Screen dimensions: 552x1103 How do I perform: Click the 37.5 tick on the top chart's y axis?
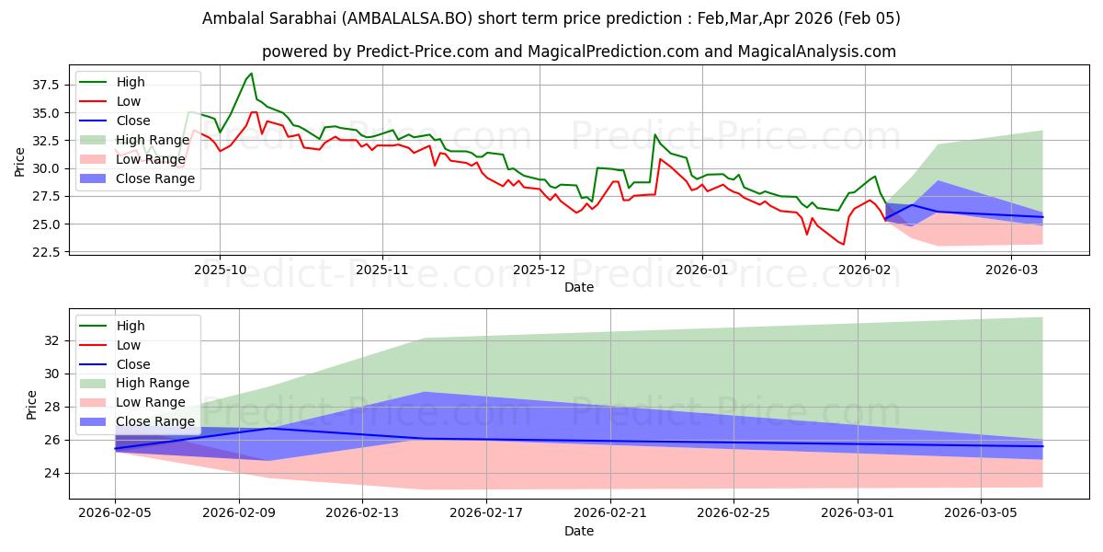coord(45,85)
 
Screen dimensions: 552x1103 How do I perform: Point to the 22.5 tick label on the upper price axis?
coord(45,252)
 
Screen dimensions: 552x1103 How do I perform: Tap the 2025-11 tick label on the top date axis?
coord(381,270)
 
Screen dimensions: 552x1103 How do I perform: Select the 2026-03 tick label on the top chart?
coord(1011,270)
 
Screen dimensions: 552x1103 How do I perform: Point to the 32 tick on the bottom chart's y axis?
coord(52,340)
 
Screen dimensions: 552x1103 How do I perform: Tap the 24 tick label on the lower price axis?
coord(52,473)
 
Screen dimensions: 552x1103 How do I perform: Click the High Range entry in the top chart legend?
coord(153,140)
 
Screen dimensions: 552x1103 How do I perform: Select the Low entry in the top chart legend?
coord(130,101)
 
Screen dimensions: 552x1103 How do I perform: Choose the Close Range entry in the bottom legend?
coord(155,421)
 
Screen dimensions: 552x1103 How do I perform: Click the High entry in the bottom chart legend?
coord(131,326)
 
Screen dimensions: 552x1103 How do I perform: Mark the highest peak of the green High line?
coord(252,74)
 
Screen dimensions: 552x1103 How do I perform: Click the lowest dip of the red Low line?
coord(843,245)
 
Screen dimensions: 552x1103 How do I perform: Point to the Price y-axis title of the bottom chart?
coord(32,405)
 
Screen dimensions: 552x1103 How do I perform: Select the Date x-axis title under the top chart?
coord(579,287)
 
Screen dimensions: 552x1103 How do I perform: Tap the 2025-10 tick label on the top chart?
coord(219,270)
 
